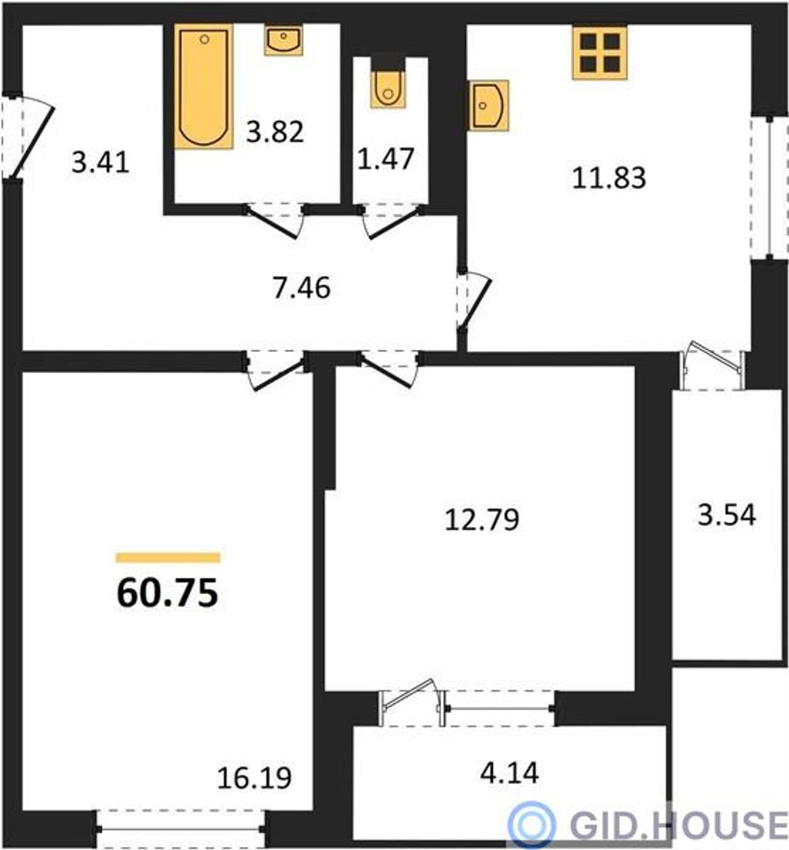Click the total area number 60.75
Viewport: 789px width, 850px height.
pyautogui.click(x=168, y=593)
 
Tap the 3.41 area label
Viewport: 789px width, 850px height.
pyautogui.click(x=100, y=163)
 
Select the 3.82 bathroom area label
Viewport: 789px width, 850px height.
pyautogui.click(x=275, y=132)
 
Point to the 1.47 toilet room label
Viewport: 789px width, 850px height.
pyautogui.click(x=386, y=158)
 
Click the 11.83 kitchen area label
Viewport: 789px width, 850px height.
pyautogui.click(x=609, y=178)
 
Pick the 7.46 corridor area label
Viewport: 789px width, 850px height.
pyautogui.click(x=301, y=288)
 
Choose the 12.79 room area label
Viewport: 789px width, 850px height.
pyautogui.click(x=482, y=520)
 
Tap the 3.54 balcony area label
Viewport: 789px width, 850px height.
pyautogui.click(x=727, y=515)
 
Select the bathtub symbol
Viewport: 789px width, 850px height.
pyautogui.click(x=204, y=87)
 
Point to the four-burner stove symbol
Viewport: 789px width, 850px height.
pyautogui.click(x=600, y=52)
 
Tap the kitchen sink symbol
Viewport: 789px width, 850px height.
pyautogui.click(x=489, y=105)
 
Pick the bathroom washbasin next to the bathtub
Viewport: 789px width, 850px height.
pyautogui.click(x=284, y=40)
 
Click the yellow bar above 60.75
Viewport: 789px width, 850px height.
pyautogui.click(x=168, y=557)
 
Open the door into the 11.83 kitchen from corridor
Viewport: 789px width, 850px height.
pyautogui.click(x=475, y=300)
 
